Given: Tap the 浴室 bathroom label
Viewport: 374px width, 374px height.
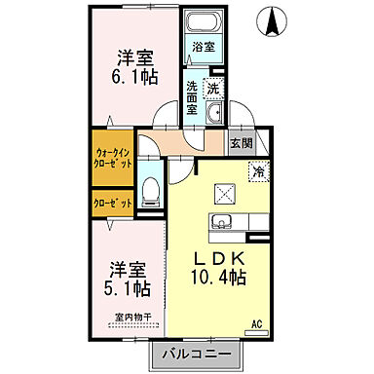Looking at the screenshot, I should tap(203, 46).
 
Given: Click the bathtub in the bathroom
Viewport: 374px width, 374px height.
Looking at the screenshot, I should tap(204, 24).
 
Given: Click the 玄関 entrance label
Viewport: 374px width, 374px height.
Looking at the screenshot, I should tap(242, 142).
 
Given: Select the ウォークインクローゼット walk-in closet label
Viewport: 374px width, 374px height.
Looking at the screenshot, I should tap(113, 159).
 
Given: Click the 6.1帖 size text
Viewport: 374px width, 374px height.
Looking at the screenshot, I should tap(134, 74).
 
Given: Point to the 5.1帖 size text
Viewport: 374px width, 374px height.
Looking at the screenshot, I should tap(128, 289).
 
